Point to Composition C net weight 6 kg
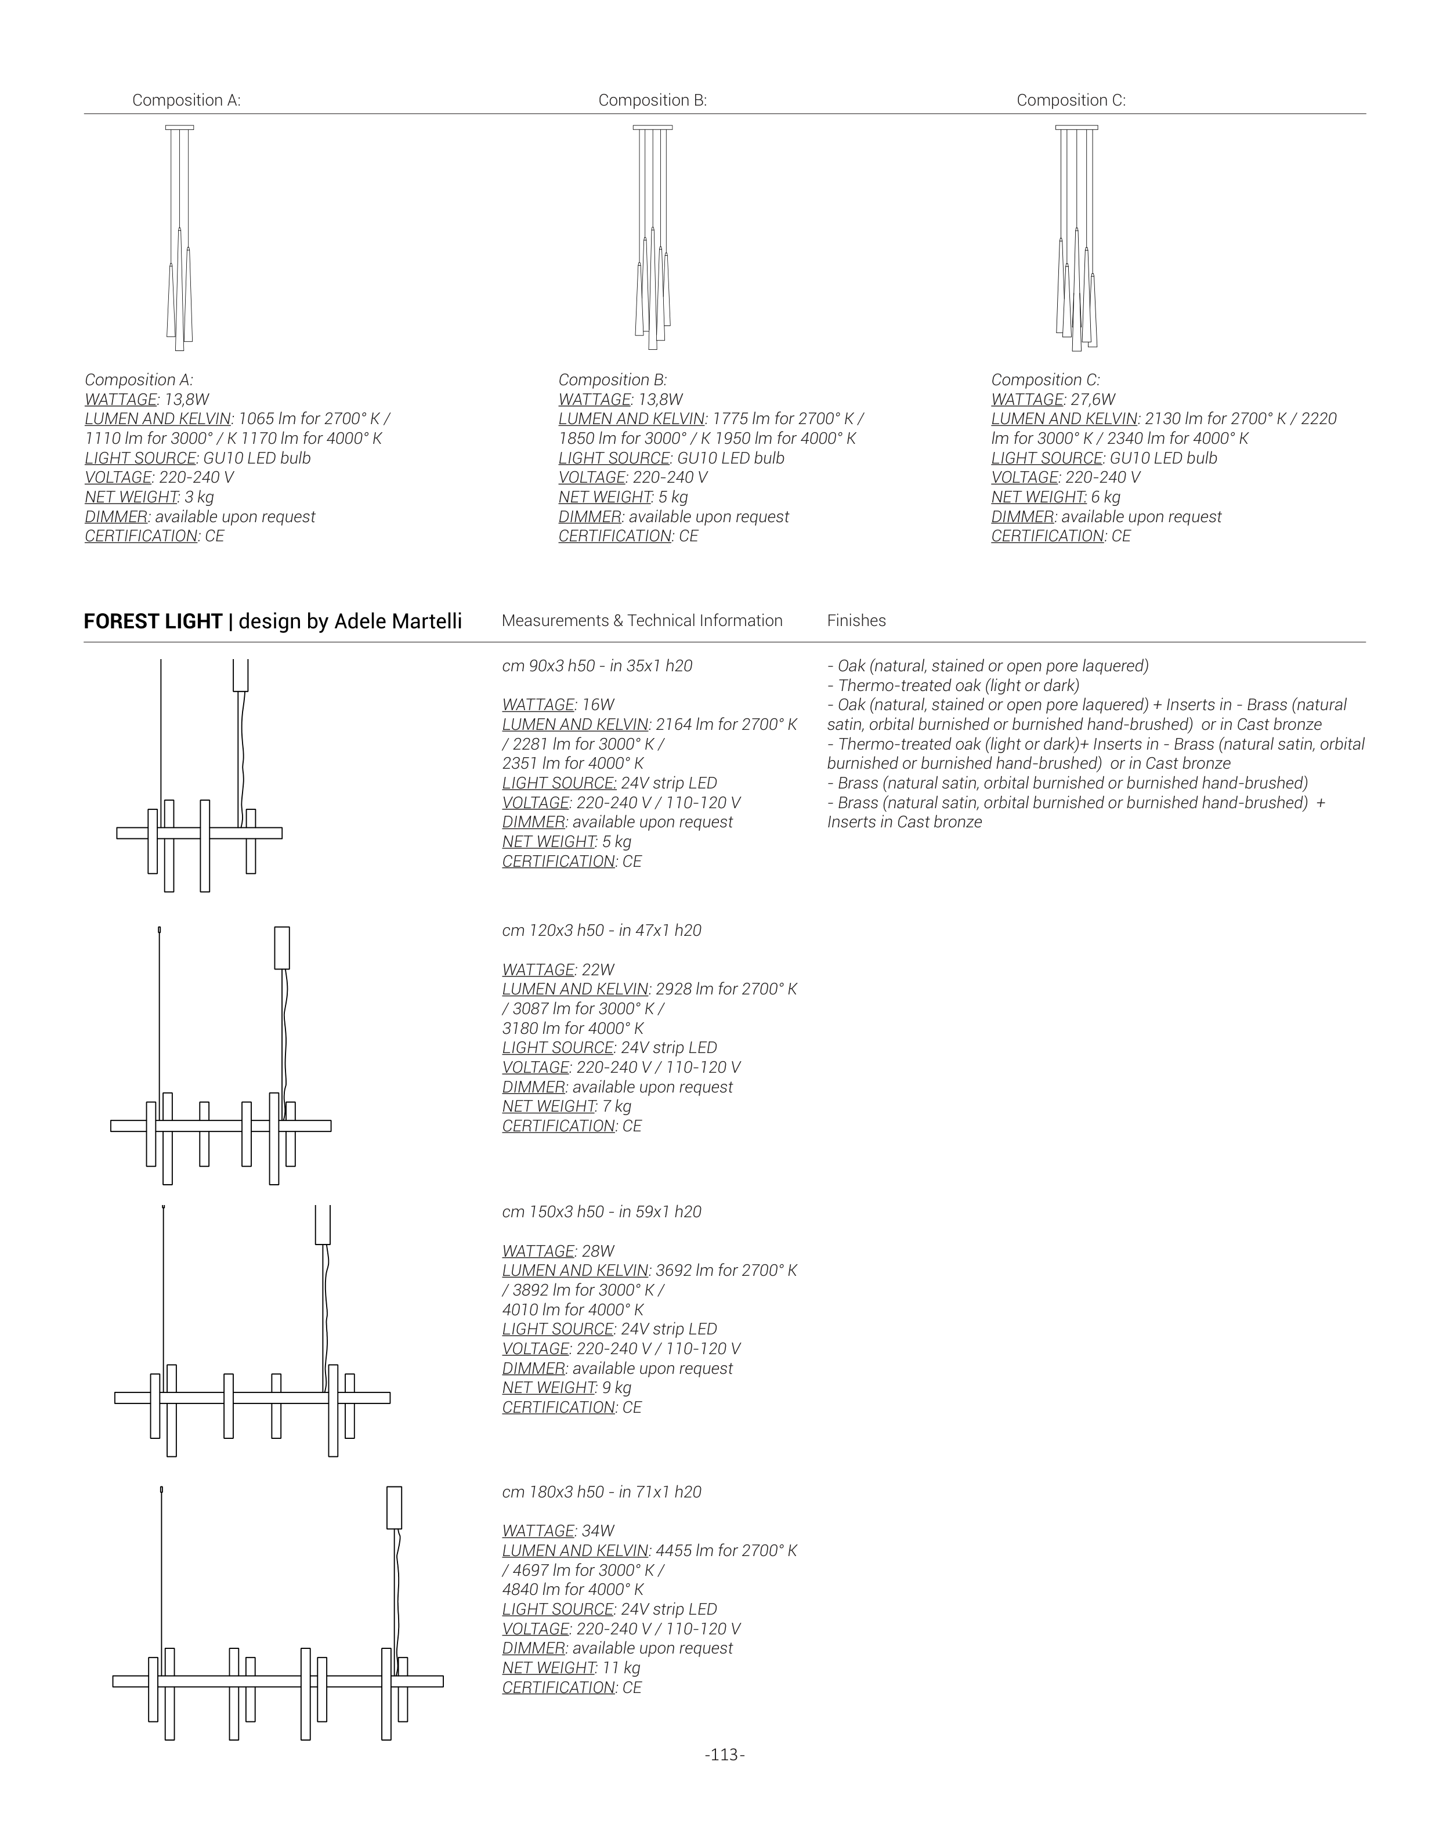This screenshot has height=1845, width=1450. tap(1105, 497)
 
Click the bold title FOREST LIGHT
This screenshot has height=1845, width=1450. tap(153, 621)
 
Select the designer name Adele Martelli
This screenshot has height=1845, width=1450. tap(398, 621)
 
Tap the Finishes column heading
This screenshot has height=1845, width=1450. tap(856, 621)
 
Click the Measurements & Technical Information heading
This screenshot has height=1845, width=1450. tap(642, 621)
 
